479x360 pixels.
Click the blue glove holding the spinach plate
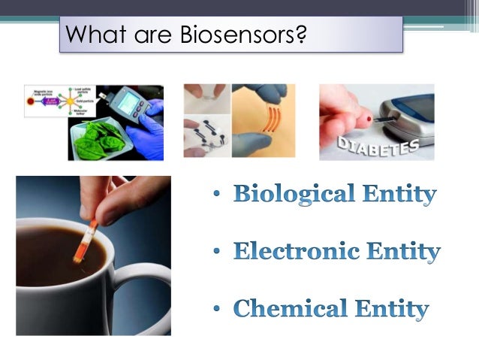coord(150,135)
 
